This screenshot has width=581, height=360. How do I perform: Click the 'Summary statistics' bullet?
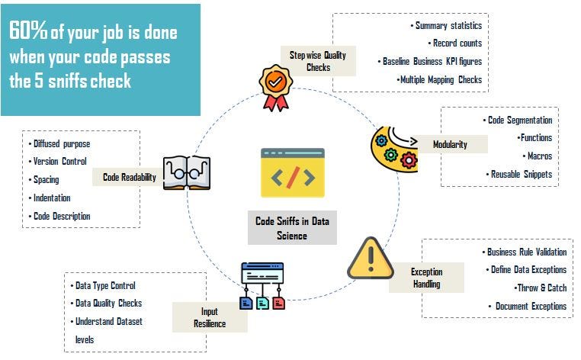pyautogui.click(x=448, y=26)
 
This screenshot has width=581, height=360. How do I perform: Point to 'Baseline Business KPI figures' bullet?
pyautogui.click(x=431, y=61)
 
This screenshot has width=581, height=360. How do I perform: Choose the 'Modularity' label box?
pyautogui.click(x=450, y=145)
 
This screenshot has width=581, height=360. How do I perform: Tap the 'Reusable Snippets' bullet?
pyautogui.click(x=521, y=175)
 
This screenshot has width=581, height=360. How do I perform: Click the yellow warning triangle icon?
pyautogui.click(x=371, y=260)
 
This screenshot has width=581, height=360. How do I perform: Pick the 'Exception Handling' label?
pyautogui.click(x=425, y=278)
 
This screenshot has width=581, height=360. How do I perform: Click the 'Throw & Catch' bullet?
pyautogui.click(x=542, y=288)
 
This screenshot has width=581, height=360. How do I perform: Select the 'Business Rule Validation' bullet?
pyautogui.click(x=525, y=252)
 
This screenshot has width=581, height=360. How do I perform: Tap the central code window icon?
pyautogui.click(x=293, y=173)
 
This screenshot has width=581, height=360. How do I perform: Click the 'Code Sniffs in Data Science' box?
pyautogui.click(x=291, y=228)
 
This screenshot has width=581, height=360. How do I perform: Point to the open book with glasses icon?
pyautogui.click(x=187, y=172)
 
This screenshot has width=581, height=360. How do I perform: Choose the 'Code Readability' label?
pyautogui.click(x=129, y=177)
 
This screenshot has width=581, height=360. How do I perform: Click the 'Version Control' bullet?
pyautogui.click(x=59, y=161)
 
